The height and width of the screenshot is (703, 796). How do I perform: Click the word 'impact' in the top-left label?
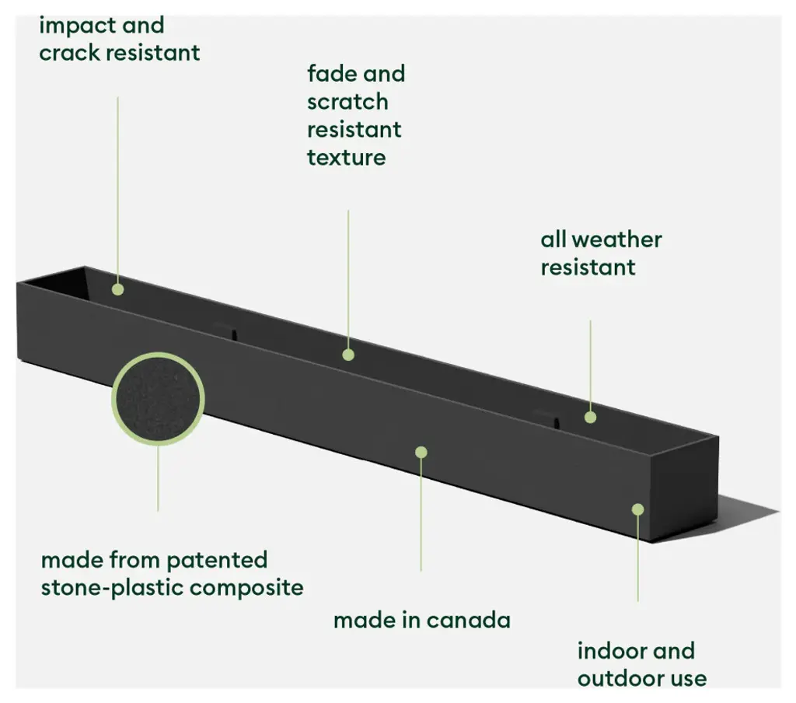click(75, 26)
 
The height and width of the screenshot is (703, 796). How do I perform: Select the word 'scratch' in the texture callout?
click(347, 102)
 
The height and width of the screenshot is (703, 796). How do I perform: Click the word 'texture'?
click(346, 157)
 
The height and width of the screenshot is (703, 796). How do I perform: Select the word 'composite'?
click(246, 587)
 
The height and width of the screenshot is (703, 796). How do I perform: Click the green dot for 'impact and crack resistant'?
click(117, 289)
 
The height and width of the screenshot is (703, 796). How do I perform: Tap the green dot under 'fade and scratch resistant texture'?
click(348, 355)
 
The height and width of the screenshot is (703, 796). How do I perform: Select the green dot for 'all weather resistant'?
click(590, 417)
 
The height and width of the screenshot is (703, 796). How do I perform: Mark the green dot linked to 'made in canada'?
click(421, 452)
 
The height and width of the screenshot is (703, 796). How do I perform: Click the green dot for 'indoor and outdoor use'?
click(637, 509)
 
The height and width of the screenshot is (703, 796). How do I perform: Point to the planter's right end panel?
click(688, 490)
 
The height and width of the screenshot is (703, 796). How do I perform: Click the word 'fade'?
click(326, 75)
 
